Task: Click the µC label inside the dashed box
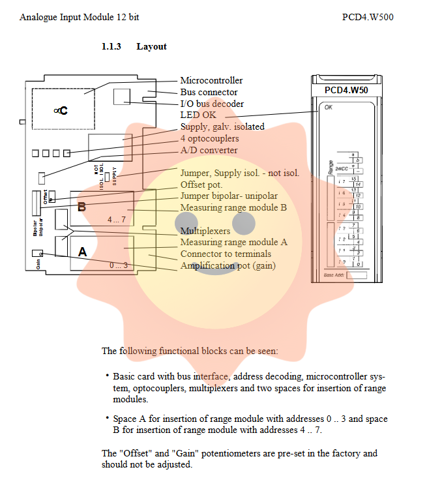point(61,112)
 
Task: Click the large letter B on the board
point(81,207)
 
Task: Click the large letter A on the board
point(83,252)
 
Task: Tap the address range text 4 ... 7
point(116,220)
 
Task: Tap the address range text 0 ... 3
point(119,265)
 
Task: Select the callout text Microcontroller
point(211,80)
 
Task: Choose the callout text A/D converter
point(209,151)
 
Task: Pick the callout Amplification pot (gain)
point(228,265)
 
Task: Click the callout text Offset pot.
point(201,185)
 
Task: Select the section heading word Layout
point(151,46)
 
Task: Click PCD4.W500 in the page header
point(367,16)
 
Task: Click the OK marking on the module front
point(328,107)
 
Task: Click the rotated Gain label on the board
point(39,263)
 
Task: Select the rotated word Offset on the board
point(46,198)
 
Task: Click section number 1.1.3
point(111,46)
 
